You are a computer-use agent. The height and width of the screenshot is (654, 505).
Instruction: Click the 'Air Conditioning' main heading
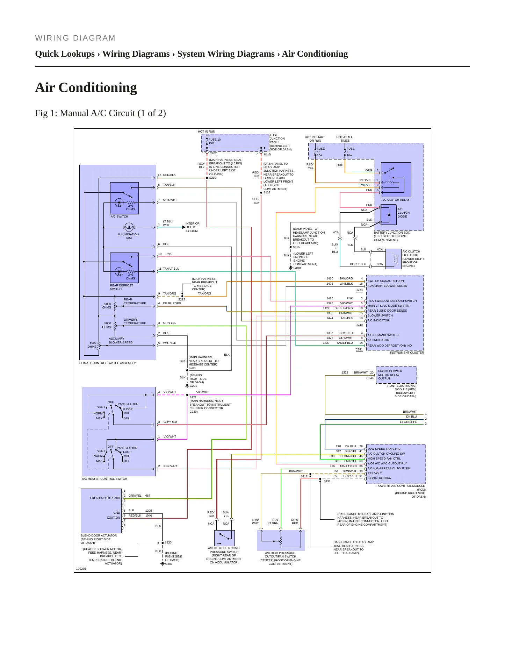(86, 87)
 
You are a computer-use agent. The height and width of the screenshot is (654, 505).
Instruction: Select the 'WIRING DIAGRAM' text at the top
(75, 38)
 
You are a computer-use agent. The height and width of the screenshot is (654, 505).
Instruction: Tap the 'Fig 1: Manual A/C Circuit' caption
(100, 113)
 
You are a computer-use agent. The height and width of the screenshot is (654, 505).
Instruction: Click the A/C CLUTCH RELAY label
(395, 200)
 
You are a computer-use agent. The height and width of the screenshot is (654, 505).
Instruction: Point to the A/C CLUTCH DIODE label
(404, 213)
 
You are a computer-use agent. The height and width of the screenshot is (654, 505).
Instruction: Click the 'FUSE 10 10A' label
(215, 141)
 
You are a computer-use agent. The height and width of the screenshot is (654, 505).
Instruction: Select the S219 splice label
(212, 178)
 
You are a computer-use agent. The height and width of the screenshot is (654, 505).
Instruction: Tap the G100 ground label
(297, 268)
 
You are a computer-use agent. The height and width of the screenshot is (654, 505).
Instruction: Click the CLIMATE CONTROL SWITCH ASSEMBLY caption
(108, 363)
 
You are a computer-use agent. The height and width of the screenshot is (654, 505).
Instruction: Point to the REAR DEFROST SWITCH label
(122, 287)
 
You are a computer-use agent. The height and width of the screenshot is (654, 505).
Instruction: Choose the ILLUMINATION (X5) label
(129, 236)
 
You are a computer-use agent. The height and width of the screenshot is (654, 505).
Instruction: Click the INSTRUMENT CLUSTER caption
(407, 353)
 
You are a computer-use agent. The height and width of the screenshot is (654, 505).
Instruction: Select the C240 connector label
(359, 325)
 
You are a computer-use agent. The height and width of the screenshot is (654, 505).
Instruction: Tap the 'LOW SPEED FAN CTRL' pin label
(384, 449)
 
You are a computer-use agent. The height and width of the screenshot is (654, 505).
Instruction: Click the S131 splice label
(327, 481)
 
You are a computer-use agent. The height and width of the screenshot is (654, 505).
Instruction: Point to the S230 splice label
(168, 542)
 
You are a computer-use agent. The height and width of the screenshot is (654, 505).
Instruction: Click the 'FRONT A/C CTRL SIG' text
(105, 498)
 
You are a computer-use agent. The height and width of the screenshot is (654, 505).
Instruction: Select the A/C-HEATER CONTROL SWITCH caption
(104, 479)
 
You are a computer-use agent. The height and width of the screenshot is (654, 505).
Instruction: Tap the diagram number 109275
(81, 569)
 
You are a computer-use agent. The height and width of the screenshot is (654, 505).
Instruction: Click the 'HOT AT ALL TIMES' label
(345, 139)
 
